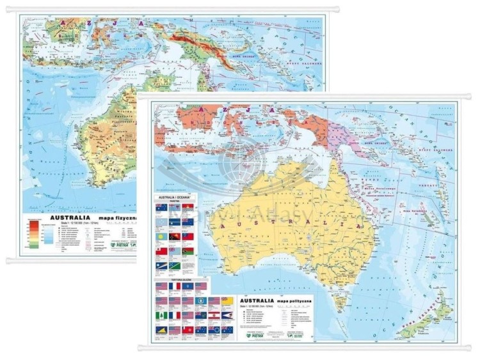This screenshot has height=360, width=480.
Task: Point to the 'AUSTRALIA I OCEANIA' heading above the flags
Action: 171,200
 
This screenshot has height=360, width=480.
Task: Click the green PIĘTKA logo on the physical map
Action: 122,244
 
